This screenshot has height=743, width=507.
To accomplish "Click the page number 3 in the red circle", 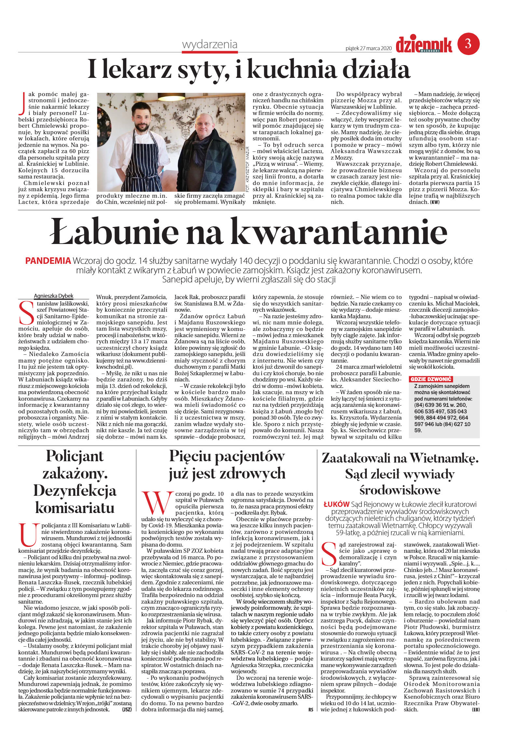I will (x=468, y=43).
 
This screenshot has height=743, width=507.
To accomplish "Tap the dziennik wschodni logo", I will (x=424, y=45).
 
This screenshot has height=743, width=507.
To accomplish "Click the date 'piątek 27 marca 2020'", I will (x=368, y=48).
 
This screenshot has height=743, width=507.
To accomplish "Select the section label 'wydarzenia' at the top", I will (x=210, y=44).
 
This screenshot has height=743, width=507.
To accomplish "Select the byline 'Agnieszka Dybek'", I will (x=53, y=296).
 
